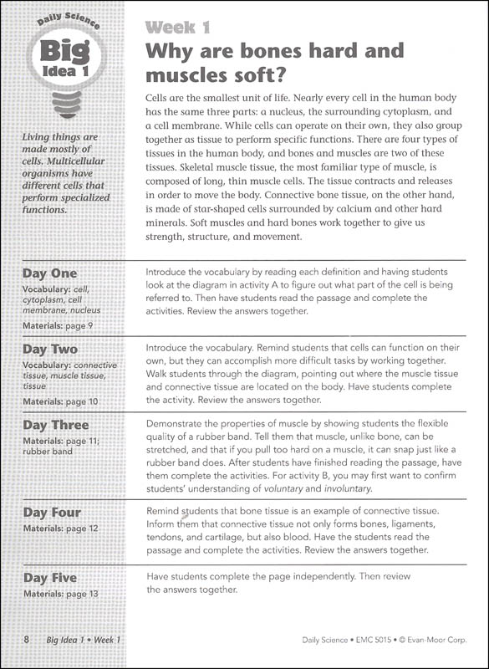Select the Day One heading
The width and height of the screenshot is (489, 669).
click(49, 273)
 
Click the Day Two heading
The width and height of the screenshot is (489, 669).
click(50, 349)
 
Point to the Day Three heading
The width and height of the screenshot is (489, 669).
click(55, 425)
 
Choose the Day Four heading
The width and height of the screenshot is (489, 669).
click(52, 513)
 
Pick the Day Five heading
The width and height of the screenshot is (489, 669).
click(49, 578)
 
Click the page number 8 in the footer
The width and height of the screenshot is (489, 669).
click(27, 640)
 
